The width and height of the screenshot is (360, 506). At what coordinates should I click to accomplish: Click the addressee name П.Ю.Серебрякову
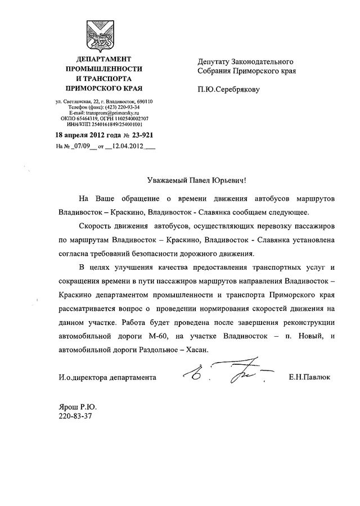(x=229, y=89)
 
